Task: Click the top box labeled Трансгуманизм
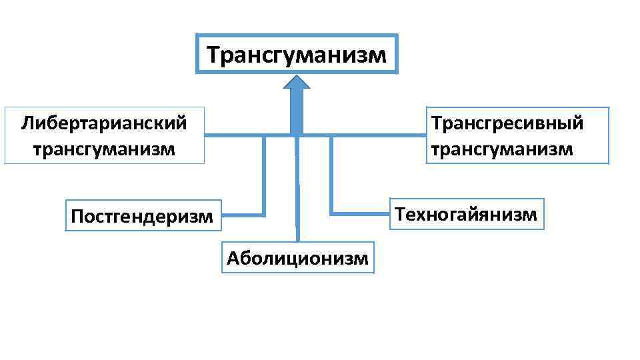pos(297,53)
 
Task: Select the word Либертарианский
pos(103,123)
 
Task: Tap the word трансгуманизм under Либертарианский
pos(103,148)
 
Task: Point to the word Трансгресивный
pos(507,123)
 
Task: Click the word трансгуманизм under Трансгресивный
pos(501,148)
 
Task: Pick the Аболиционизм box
pos(297,258)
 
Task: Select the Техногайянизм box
pos(467,214)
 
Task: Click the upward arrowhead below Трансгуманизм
pos(297,83)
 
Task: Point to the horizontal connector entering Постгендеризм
pos(243,215)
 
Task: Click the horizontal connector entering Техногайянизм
pos(360,214)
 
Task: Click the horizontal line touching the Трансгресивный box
pos(380,135)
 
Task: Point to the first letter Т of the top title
pos(213,54)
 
